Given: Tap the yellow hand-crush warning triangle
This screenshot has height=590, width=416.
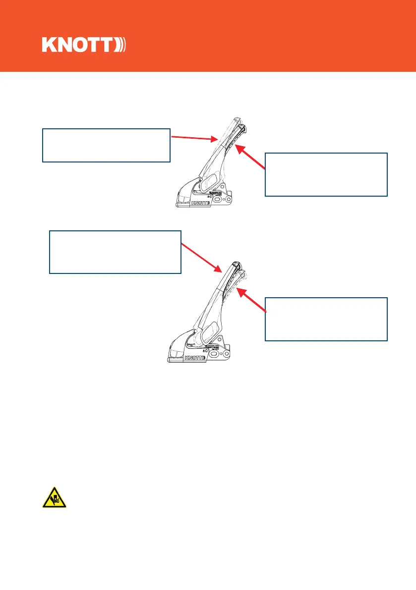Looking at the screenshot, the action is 54,496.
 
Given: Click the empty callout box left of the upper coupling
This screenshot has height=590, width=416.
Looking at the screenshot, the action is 107,145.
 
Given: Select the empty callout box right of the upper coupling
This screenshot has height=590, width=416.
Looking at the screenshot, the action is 326,174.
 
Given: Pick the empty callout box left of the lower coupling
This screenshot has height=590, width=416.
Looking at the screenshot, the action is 115,252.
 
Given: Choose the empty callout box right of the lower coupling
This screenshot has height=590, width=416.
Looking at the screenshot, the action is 326,319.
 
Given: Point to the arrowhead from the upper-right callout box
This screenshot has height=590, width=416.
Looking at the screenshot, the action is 238,147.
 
